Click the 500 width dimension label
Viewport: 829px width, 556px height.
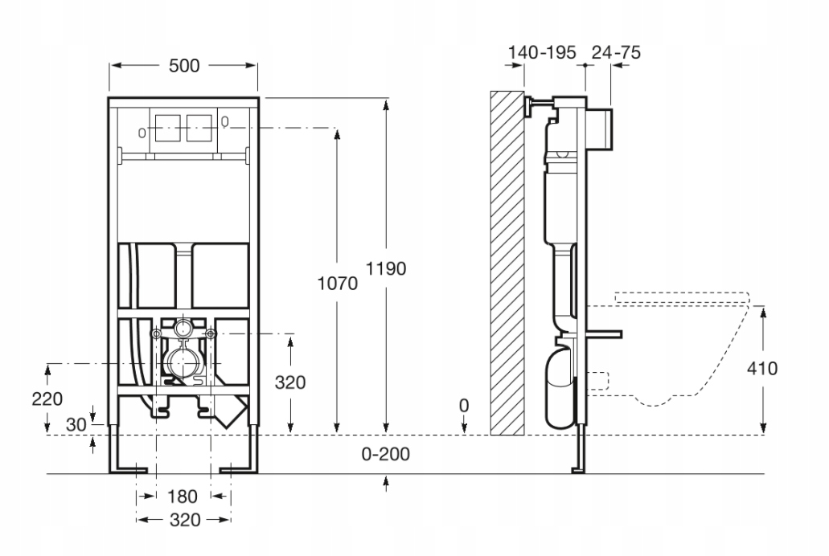[x=184, y=67]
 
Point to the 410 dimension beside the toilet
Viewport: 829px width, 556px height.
[x=761, y=369]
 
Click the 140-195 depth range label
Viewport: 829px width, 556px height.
[x=542, y=53]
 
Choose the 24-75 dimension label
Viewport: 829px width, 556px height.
[x=615, y=53]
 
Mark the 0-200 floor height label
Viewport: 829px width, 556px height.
[x=386, y=454]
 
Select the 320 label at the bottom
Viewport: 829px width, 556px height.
[x=184, y=520]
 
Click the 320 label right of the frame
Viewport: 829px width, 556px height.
[x=289, y=383]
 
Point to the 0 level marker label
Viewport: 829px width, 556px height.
[x=464, y=407]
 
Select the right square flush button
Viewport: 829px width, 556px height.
[x=199, y=127]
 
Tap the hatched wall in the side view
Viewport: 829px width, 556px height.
[x=507, y=261]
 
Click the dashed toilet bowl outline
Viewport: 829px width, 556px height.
[x=683, y=345]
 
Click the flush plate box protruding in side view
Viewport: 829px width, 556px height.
[x=603, y=128]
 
